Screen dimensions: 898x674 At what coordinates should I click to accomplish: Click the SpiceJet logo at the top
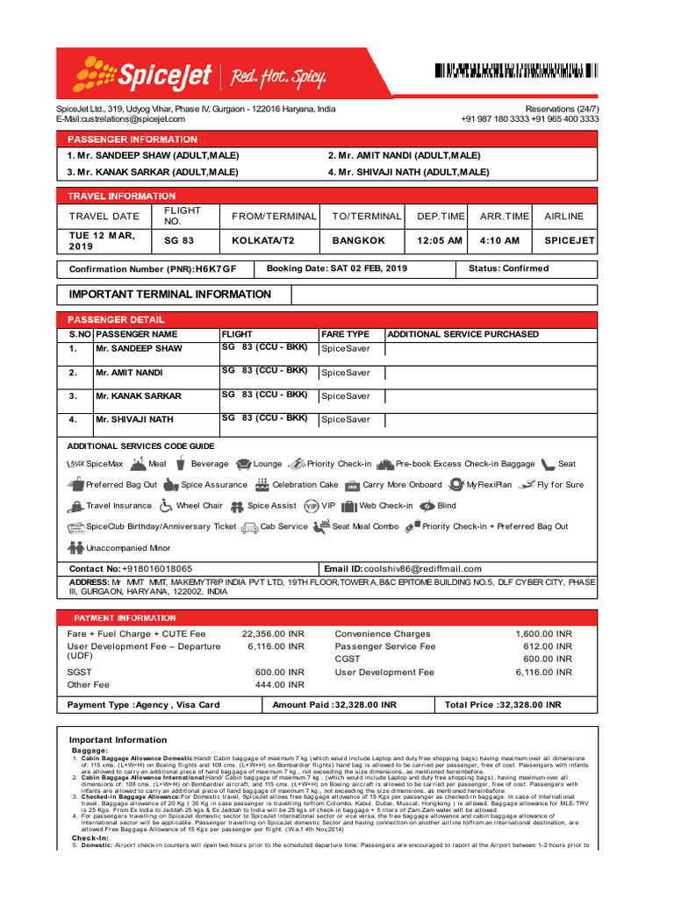click(x=145, y=75)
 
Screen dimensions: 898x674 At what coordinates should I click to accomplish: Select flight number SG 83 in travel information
click(x=179, y=240)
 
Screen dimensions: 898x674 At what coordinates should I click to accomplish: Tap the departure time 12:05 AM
click(x=439, y=240)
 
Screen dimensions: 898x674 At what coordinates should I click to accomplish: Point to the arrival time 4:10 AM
click(x=499, y=240)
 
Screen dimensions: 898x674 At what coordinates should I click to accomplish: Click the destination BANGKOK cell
click(x=358, y=240)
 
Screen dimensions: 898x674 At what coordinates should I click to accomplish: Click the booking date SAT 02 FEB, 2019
click(x=369, y=268)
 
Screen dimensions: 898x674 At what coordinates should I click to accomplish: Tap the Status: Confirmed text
click(x=509, y=268)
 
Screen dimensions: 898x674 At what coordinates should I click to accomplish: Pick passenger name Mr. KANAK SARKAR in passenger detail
click(x=139, y=396)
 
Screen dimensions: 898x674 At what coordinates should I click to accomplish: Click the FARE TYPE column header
click(x=345, y=334)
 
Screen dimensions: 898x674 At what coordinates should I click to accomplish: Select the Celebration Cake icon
click(x=262, y=485)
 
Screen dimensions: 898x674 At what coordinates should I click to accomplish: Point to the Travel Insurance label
click(x=118, y=506)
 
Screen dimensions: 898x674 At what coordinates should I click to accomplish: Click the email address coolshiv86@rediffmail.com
click(x=423, y=568)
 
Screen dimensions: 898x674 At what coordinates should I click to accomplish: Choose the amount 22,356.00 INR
click(x=273, y=634)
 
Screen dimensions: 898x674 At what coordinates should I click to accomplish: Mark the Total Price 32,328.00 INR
click(x=529, y=704)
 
